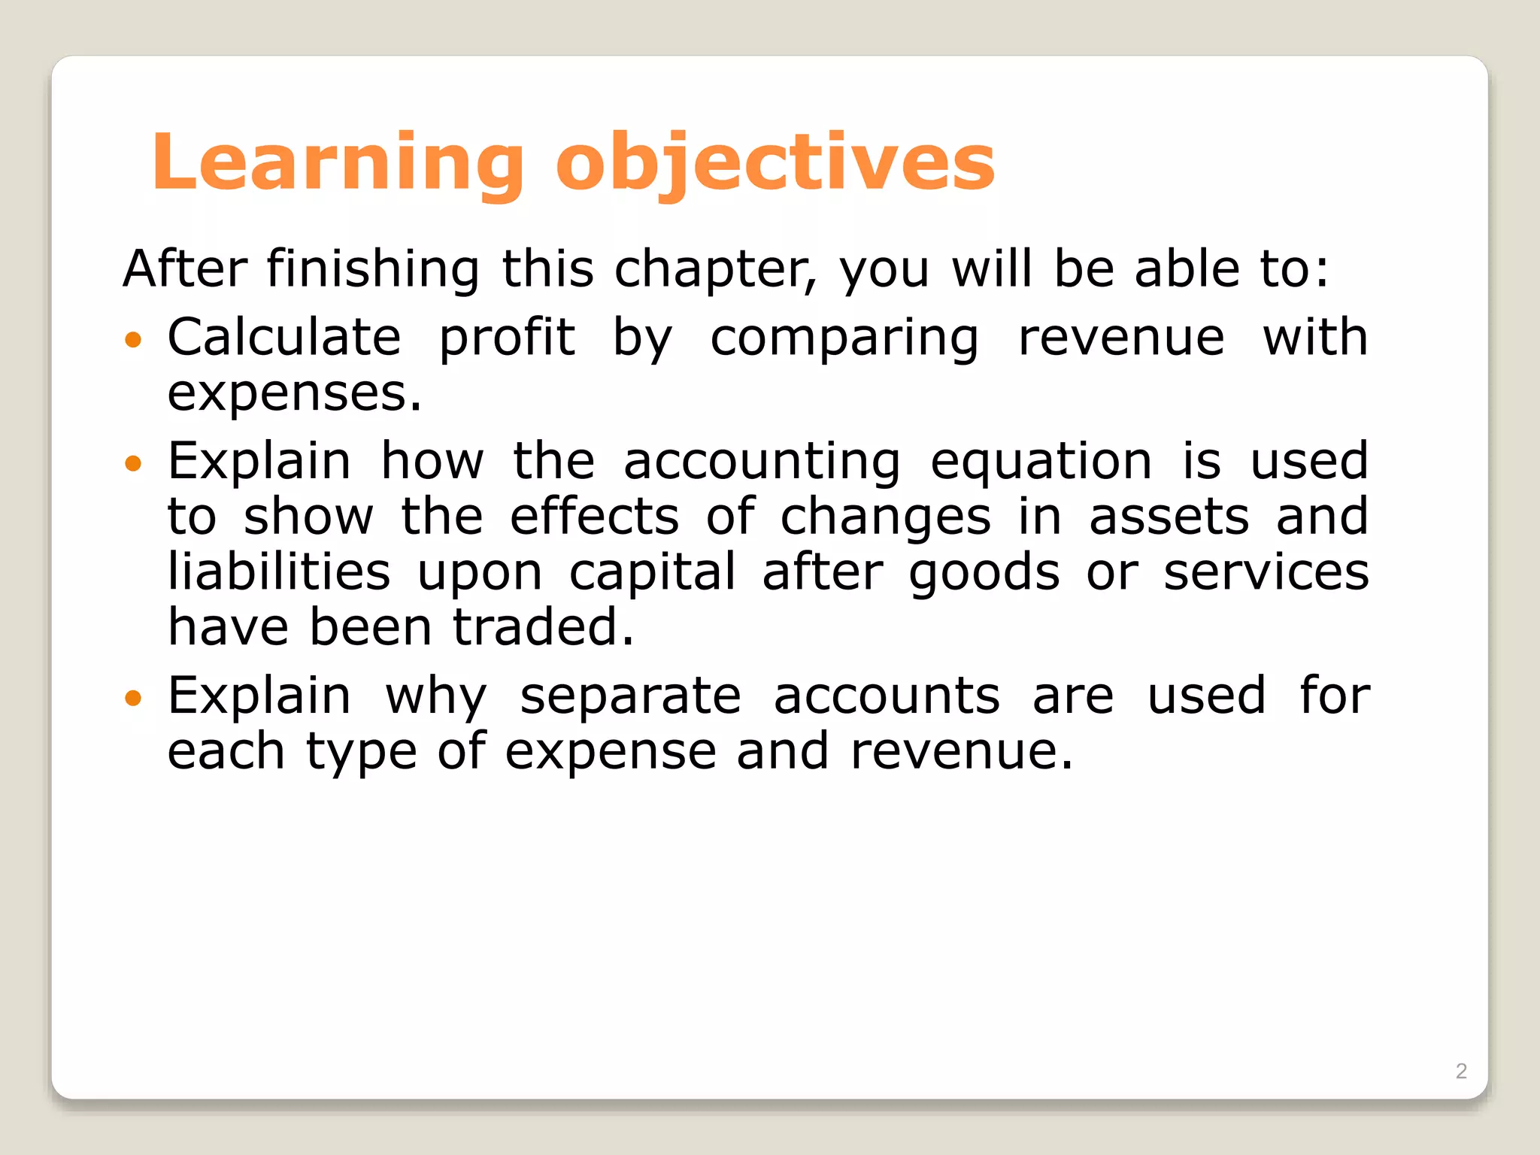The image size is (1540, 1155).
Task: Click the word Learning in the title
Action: (x=338, y=163)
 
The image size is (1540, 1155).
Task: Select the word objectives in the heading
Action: (x=775, y=163)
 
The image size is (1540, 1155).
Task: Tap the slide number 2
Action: (x=1461, y=1071)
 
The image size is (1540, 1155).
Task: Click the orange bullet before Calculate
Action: (x=133, y=340)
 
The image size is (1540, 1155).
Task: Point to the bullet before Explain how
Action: (x=133, y=463)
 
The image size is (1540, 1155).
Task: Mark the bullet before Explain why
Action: (x=133, y=699)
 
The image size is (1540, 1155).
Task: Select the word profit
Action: (x=507, y=338)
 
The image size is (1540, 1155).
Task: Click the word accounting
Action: (x=761, y=462)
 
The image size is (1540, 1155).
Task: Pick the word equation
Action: (x=1041, y=462)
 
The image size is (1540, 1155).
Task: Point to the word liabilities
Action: (x=279, y=571)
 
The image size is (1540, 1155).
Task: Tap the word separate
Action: (x=630, y=697)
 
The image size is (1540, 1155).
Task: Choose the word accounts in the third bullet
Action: (x=887, y=696)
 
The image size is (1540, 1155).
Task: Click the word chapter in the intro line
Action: (x=715, y=269)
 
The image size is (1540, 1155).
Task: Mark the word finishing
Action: (x=373, y=269)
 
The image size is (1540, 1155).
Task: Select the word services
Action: (x=1266, y=571)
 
